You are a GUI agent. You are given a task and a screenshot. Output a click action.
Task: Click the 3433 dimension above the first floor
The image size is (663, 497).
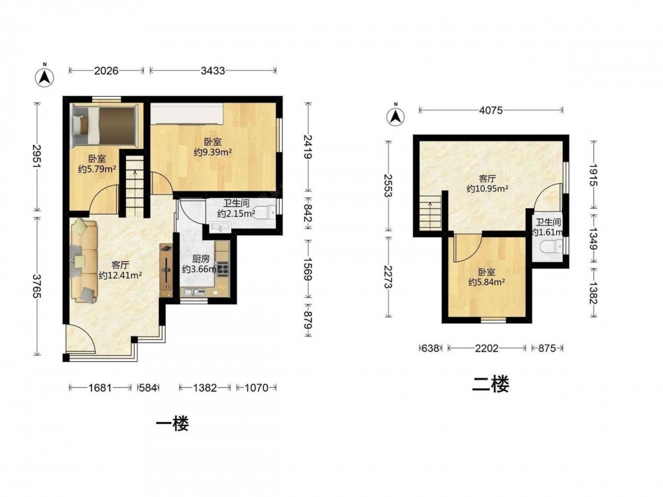[x=213, y=71]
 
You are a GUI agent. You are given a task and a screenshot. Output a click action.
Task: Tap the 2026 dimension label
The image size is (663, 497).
[x=106, y=71]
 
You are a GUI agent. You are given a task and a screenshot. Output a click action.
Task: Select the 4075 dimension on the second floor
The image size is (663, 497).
[x=491, y=110]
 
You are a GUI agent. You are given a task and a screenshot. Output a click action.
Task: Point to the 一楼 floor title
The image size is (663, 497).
[x=172, y=423]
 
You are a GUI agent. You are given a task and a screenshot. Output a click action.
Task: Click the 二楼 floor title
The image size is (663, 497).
[x=491, y=384]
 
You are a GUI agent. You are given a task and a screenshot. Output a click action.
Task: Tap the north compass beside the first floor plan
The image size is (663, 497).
[x=44, y=76]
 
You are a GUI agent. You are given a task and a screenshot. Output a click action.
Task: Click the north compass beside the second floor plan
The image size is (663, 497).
[x=396, y=115]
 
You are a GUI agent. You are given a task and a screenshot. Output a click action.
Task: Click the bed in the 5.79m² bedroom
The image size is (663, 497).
[x=105, y=125]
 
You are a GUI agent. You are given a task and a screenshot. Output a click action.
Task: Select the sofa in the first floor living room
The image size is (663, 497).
[x=84, y=260]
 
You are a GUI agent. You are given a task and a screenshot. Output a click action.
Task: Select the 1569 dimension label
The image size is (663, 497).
[x=308, y=269]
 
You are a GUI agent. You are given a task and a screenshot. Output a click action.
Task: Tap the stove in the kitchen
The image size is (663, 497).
[x=222, y=269]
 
